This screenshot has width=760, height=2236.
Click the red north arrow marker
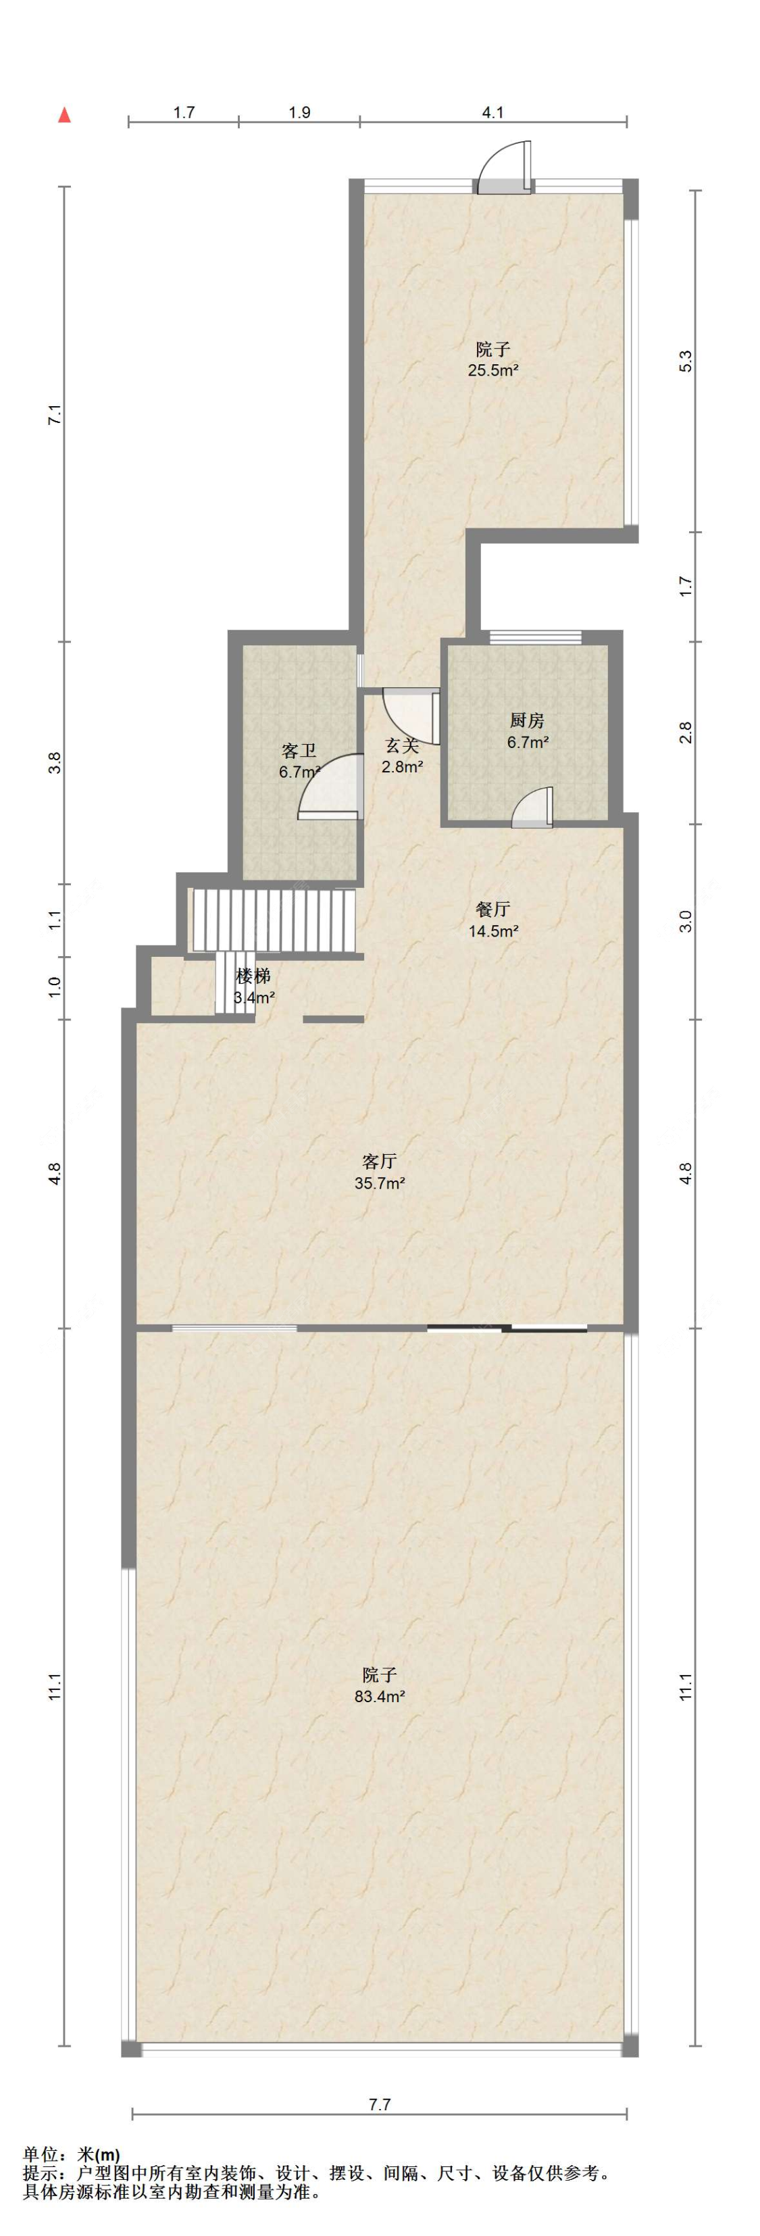point(64,115)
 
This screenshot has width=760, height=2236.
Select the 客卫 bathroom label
point(299,750)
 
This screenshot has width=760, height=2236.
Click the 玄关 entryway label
point(403,745)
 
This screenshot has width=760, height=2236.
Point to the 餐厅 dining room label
point(492,909)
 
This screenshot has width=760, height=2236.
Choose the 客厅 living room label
point(380,1160)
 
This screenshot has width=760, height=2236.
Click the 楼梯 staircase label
point(253,976)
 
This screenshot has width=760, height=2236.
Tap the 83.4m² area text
point(380,1696)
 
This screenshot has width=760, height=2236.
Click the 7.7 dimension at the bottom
point(379,2103)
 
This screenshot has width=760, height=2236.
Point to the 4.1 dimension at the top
point(492,112)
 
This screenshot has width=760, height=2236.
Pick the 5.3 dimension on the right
point(686,360)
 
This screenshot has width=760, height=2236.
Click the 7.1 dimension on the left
point(55,414)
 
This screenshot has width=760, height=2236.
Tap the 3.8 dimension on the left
point(55,763)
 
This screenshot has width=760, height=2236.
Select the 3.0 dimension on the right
point(686,921)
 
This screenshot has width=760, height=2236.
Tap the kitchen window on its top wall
point(534,637)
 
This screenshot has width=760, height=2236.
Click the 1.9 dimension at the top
point(299,112)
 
